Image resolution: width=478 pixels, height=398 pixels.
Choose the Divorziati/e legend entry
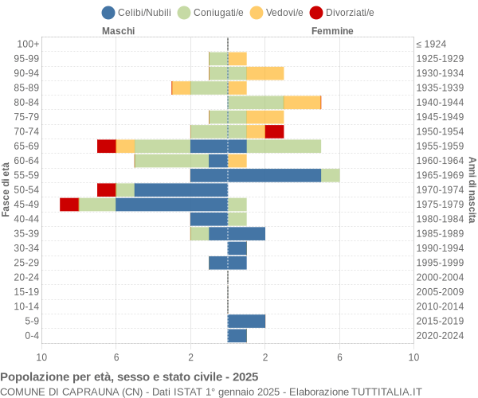tap(342, 12)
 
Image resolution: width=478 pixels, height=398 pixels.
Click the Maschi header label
tap(118, 30)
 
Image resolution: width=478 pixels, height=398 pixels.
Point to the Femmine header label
tap(332, 30)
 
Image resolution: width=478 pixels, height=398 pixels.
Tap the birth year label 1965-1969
tap(440, 175)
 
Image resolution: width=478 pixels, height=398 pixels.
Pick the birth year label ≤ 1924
tap(431, 44)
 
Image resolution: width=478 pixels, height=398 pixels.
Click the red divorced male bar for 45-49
tap(69, 205)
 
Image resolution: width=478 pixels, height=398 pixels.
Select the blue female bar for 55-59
tap(274, 175)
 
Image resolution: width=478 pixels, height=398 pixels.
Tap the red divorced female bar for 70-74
tap(274, 131)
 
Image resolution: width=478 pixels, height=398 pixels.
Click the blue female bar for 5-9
tap(246, 321)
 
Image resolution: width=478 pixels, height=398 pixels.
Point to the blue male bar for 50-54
tap(181, 189)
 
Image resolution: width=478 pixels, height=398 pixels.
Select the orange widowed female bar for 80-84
tap(302, 102)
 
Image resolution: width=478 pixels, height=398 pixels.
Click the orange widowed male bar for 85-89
tap(181, 88)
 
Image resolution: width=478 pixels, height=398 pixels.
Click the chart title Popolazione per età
tap(129, 377)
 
